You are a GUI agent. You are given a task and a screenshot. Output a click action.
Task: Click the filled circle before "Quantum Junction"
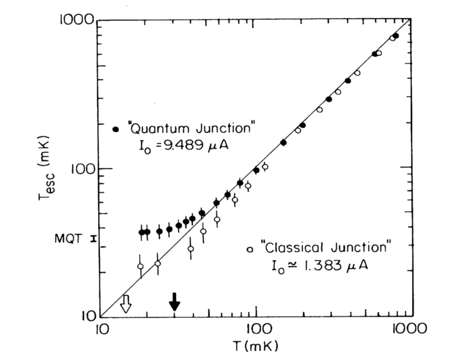[x=115, y=127]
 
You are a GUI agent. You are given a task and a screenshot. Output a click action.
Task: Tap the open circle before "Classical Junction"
[x=249, y=249]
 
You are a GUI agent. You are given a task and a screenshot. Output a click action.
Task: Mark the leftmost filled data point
[x=141, y=232]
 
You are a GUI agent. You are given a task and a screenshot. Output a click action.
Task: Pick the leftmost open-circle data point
[x=140, y=267]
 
